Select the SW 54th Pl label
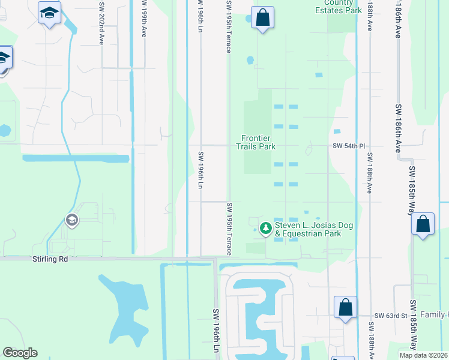[349, 146]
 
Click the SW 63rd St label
[391, 315]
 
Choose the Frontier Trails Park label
[256, 142]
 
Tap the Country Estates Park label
[339, 7]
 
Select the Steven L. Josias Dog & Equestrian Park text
[313, 229]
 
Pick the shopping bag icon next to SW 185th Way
[423, 224]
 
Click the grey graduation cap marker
[72, 221]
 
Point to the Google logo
[20, 353]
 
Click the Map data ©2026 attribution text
[424, 355]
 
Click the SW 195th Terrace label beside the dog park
[229, 228]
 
